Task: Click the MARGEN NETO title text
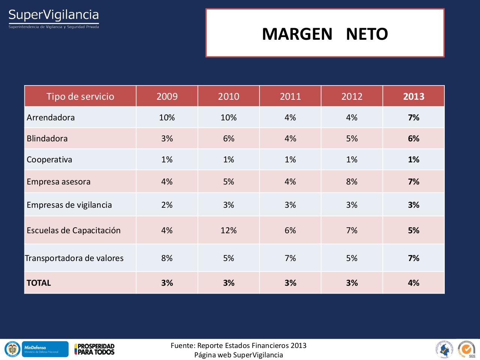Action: pyautogui.click(x=325, y=34)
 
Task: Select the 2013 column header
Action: pyautogui.click(x=414, y=96)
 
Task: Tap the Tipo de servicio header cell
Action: pyautogui.click(x=80, y=96)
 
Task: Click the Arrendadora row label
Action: pyautogui.click(x=51, y=117)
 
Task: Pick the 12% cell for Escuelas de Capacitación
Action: pyautogui.click(x=228, y=230)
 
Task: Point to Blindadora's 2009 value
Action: pyautogui.click(x=167, y=138)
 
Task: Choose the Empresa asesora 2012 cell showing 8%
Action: pyautogui.click(x=352, y=181)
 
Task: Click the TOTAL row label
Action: pyautogui.click(x=39, y=283)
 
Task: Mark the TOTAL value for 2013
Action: pyautogui.click(x=414, y=283)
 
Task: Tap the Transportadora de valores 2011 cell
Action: pyautogui.click(x=290, y=258)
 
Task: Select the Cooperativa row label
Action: pyautogui.click(x=49, y=159)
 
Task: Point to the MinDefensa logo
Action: pyautogui.click(x=45, y=349)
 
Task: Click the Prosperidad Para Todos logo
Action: pyautogui.click(x=94, y=349)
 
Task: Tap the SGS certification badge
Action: pyautogui.click(x=466, y=349)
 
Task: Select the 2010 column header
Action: pyautogui.click(x=228, y=96)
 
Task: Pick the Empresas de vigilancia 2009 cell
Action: pyautogui.click(x=167, y=205)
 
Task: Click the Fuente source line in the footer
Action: pyautogui.click(x=238, y=345)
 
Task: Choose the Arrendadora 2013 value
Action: pyautogui.click(x=414, y=117)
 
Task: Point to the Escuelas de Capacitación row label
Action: pyautogui.click(x=73, y=230)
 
